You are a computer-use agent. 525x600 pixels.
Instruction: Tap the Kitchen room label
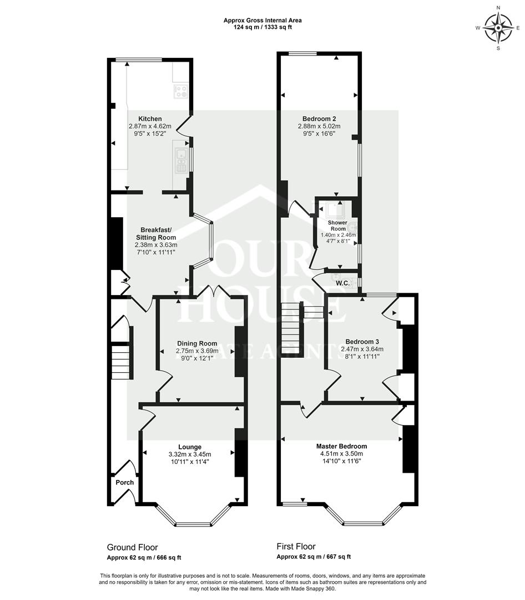(150, 119)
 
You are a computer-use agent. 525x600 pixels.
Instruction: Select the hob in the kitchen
(180, 91)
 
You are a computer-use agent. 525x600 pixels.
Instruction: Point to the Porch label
(124, 482)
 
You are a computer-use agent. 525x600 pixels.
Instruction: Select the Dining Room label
(197, 343)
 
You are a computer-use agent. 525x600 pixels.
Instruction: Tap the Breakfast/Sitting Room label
(158, 234)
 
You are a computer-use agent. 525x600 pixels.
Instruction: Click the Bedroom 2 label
(319, 118)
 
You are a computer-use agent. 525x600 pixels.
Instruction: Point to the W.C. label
(342, 283)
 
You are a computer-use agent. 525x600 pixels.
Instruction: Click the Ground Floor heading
(128, 547)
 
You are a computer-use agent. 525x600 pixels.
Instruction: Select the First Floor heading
(296, 547)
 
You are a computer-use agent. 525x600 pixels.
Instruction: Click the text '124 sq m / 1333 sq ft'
(262, 27)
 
